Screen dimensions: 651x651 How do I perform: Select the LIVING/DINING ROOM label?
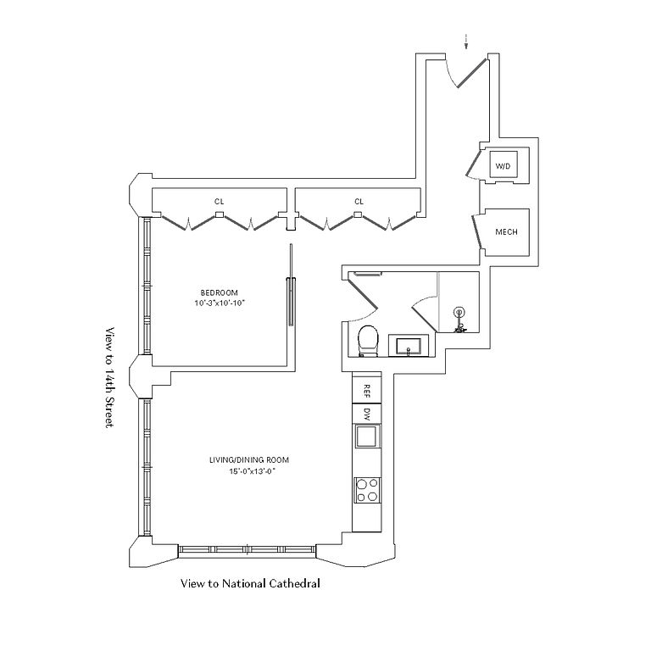click(243, 460)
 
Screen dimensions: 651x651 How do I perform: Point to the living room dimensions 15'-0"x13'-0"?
click(243, 472)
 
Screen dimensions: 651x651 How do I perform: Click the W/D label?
click(503, 166)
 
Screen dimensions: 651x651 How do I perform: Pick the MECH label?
click(506, 232)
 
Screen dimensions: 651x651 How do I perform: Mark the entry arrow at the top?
click(465, 41)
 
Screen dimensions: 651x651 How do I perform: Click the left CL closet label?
click(219, 202)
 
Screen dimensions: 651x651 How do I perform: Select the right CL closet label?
click(359, 202)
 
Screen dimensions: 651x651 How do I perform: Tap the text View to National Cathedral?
click(249, 584)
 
